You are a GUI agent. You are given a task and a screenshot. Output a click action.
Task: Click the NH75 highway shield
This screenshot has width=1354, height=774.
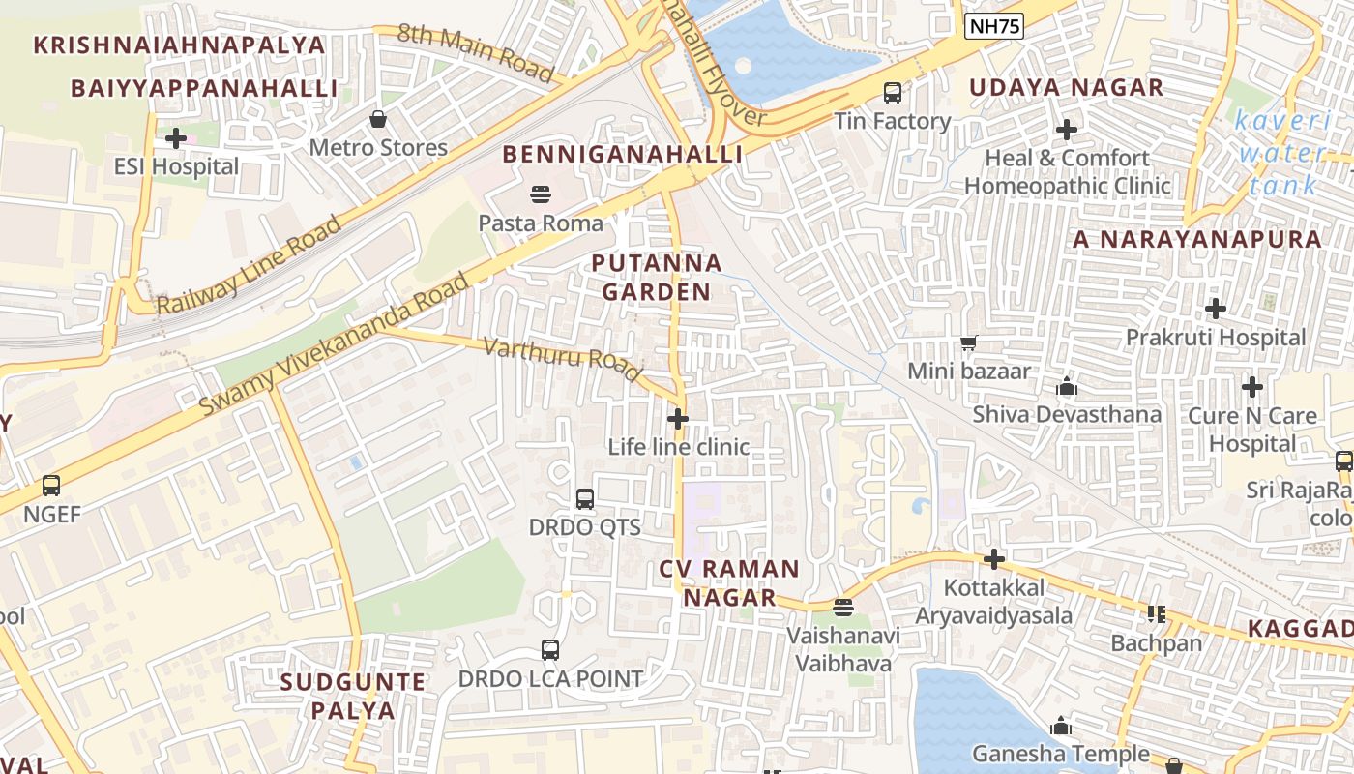pos(994,27)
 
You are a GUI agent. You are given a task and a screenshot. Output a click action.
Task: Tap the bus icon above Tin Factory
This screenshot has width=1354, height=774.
pos(893,93)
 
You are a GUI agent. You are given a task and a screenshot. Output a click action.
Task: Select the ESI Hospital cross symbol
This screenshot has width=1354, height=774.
pos(176,138)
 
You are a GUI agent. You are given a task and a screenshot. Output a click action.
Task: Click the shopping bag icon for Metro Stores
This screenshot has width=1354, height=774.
pos(378,119)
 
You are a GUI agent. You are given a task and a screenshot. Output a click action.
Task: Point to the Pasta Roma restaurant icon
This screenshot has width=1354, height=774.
pos(541,194)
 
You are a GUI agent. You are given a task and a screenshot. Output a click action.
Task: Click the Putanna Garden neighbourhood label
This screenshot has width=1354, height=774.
pos(657,277)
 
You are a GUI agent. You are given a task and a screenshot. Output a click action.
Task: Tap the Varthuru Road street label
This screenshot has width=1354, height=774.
pos(562,358)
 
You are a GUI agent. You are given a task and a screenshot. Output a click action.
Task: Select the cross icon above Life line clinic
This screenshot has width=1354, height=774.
pos(678,419)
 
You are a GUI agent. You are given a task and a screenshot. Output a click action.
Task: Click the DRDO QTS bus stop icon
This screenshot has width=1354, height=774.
pos(585,499)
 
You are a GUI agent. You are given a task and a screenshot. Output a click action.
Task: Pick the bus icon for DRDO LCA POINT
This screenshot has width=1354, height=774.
pos(550,650)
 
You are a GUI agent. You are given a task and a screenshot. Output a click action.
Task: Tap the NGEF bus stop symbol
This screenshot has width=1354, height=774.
pos(51,486)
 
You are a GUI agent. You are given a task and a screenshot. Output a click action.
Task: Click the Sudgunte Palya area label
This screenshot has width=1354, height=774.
pos(352,696)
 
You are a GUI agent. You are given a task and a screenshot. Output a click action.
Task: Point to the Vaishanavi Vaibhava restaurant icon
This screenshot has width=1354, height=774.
pos(843,608)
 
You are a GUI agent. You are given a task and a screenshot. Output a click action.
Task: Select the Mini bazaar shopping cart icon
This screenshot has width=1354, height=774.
pos(968,342)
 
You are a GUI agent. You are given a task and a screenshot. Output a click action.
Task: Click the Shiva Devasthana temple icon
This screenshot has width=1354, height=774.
pos(1067,386)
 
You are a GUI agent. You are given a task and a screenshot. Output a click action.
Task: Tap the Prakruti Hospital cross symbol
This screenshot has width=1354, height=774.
pos(1216,310)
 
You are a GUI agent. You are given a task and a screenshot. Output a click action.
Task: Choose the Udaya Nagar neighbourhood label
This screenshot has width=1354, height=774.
pos(1066,87)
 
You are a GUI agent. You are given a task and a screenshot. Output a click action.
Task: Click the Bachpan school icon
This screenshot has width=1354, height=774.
pos(1156,614)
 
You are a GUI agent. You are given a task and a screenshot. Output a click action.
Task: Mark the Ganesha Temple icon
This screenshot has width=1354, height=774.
pos(1061,726)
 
